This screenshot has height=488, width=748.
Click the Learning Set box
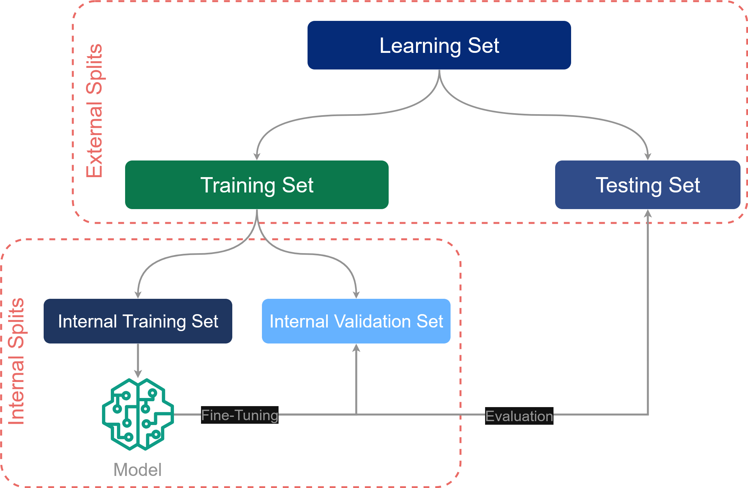tap(439, 45)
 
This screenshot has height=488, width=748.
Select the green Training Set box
tap(257, 185)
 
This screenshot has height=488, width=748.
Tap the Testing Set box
tap(648, 185)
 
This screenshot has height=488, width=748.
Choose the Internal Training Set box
tap(138, 321)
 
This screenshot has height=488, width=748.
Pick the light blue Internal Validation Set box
tap(356, 321)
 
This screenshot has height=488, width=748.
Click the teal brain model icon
tap(138, 414)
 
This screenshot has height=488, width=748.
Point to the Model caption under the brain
tap(137, 470)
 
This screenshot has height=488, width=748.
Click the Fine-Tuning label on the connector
tap(239, 415)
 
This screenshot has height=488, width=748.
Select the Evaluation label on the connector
tap(519, 416)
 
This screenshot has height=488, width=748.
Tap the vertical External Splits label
tap(94, 111)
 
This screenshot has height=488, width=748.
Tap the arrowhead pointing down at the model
tap(138, 374)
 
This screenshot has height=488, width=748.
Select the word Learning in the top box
tap(420, 46)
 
